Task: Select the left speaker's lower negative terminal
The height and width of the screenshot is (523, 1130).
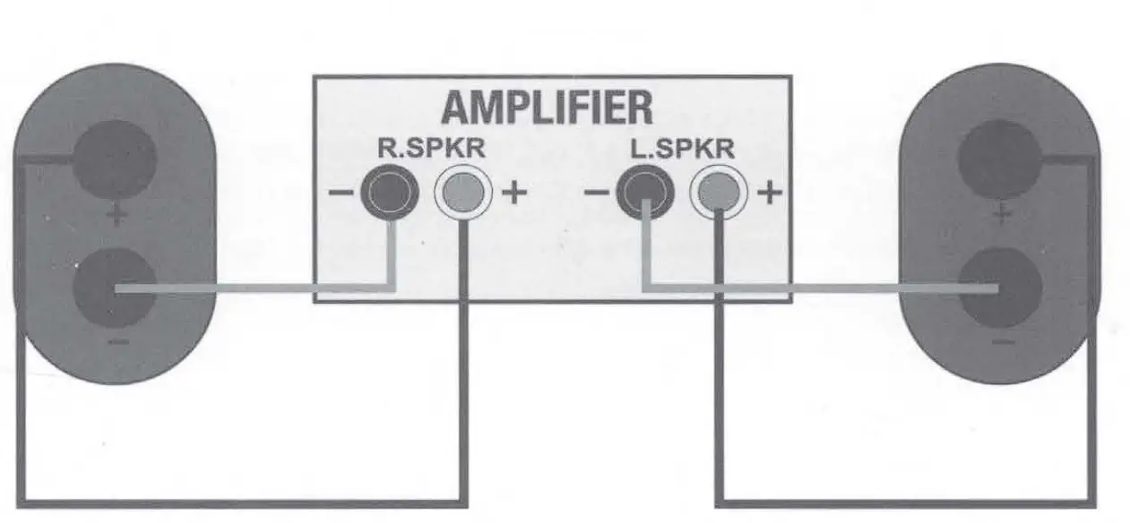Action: click(x=114, y=289)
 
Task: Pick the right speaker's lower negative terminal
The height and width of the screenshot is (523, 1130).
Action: click(x=1000, y=288)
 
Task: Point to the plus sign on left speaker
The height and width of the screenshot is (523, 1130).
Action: click(x=115, y=216)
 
